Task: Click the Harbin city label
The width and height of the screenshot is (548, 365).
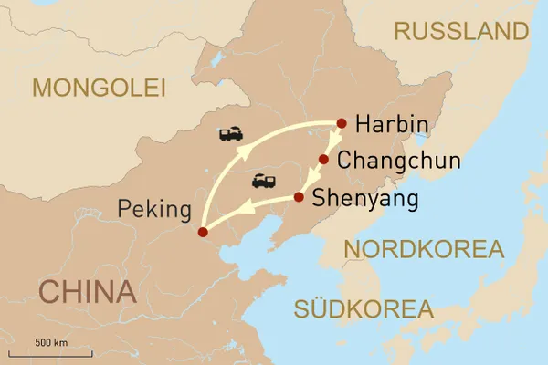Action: pos(392,125)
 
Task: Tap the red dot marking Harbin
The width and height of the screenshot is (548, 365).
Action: pos(342,123)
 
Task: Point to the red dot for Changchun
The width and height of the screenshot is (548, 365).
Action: pos(323,160)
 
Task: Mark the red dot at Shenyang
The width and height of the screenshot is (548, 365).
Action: pos(299,197)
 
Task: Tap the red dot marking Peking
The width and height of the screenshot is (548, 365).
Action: pos(203,233)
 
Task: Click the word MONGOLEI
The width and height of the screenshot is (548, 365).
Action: pos(99,88)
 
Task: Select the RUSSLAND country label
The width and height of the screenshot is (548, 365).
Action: pos(460,31)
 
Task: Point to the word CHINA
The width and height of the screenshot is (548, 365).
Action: pos(88,292)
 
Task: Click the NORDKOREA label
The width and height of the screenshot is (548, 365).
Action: pos(423,249)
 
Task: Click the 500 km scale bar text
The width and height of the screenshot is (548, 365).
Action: pos(52,342)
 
